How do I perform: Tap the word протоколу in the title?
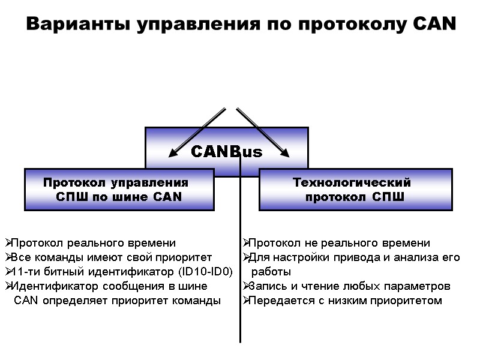[352, 25]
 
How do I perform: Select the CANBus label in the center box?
[227, 152]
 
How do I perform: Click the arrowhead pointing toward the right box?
[285, 153]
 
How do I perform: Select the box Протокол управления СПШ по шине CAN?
[119, 190]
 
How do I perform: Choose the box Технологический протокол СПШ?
[355, 190]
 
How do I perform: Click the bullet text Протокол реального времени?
[94, 243]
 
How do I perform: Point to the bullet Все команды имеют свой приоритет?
[112, 257]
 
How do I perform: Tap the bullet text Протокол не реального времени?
[340, 243]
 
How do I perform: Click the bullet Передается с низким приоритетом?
[346, 301]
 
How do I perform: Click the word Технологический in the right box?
[351, 182]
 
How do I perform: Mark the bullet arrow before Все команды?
[7, 257]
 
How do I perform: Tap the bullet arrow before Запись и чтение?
[246, 286]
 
